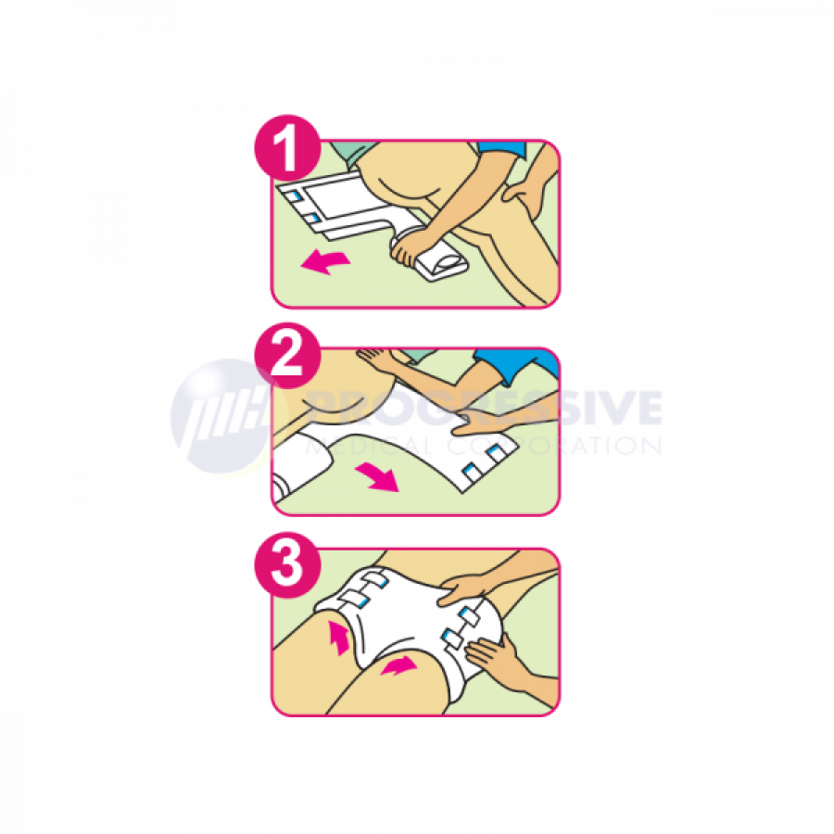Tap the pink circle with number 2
[x=288, y=355]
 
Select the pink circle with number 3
[x=288, y=564]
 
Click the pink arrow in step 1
[x=325, y=262]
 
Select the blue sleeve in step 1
[x=501, y=148]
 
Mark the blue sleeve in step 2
[x=513, y=364]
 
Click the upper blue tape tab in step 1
[x=294, y=196]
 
